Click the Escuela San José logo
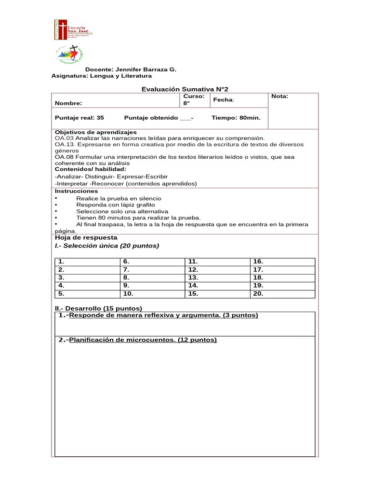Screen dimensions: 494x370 73,30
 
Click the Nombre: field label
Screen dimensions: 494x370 68,103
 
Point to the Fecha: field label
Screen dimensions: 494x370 224,99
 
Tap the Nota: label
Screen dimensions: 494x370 279,96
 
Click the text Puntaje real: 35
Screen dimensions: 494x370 79,118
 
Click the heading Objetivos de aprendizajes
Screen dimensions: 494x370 96,132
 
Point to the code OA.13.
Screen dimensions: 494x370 65,144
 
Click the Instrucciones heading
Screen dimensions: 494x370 75,191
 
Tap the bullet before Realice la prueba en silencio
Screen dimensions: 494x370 57,199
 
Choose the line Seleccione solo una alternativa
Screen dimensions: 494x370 122,211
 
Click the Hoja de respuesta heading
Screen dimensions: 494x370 86,237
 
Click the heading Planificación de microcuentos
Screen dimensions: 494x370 143,340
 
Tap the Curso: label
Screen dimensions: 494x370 194,96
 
